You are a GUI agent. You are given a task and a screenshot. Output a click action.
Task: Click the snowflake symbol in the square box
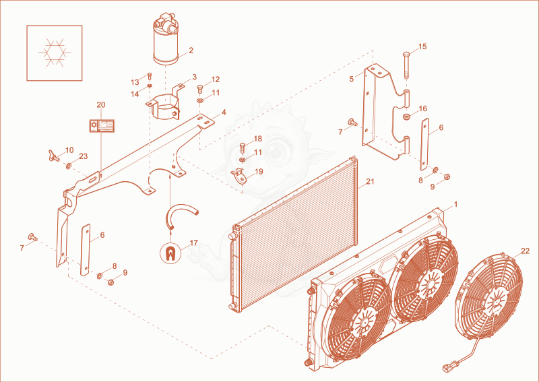coord(55,53)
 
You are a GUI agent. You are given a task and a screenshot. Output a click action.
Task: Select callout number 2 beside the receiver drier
coord(191,51)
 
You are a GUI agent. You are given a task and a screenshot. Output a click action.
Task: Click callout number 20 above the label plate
coord(100,104)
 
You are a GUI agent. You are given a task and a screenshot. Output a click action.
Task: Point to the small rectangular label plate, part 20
coord(102,125)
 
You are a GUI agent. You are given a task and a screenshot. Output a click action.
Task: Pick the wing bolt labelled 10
coord(54,156)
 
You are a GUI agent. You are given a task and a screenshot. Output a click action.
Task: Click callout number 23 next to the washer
coord(83,156)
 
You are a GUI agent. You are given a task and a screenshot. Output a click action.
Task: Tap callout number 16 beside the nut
coord(422,108)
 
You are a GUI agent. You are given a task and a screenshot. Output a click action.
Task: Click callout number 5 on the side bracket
coord(351,79)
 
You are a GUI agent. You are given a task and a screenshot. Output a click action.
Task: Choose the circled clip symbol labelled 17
coord(170,254)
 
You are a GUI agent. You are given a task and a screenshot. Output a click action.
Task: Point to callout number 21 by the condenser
coord(370,181)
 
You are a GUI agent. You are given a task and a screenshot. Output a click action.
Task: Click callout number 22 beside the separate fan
coord(526,251)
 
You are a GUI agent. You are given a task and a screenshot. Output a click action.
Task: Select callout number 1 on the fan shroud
coord(456,205)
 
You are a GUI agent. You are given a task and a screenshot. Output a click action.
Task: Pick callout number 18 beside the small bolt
coord(258,139)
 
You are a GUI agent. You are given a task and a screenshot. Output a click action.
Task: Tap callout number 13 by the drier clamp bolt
coord(135,82)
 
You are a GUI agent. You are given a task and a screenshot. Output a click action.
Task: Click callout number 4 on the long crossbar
coord(224,112)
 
